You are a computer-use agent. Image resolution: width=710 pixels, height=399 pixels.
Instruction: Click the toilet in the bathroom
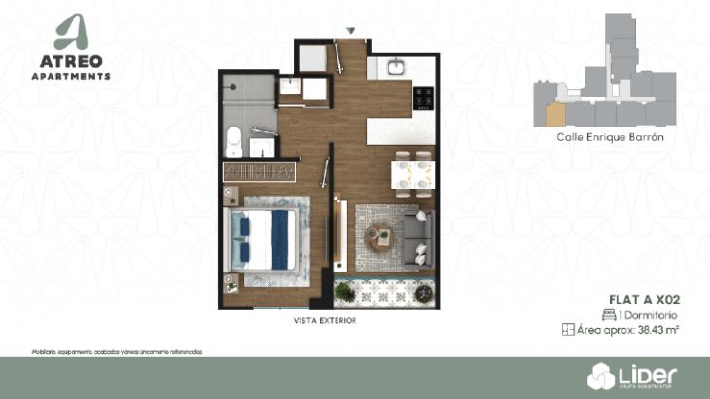(232, 140)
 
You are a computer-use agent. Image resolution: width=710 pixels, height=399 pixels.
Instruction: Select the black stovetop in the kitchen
(425, 96)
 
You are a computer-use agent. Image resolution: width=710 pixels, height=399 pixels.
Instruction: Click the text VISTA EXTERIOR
(324, 320)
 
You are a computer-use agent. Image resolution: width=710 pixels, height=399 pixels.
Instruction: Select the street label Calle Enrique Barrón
(610, 138)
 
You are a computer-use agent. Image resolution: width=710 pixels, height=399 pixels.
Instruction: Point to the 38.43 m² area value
(657, 331)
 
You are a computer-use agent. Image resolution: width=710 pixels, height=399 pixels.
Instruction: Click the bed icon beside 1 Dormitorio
(609, 315)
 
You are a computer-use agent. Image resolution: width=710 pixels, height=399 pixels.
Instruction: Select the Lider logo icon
(600, 376)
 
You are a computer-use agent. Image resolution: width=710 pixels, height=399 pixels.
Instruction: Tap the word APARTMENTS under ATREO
(78, 76)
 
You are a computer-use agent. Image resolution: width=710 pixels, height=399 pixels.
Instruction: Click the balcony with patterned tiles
(383, 290)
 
